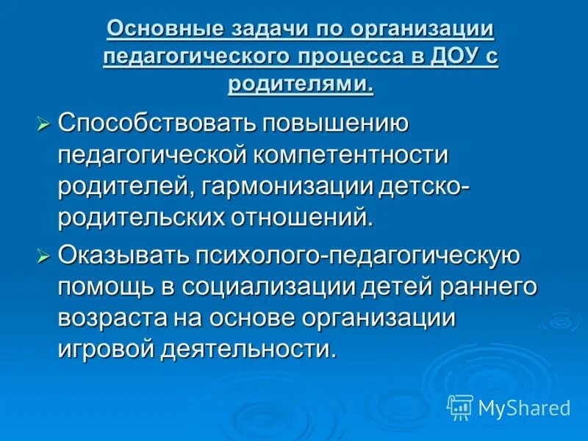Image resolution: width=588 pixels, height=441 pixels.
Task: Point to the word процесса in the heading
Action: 352,57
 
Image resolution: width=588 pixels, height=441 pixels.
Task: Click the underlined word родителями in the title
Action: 300,84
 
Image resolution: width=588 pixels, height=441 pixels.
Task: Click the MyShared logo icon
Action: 459,406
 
